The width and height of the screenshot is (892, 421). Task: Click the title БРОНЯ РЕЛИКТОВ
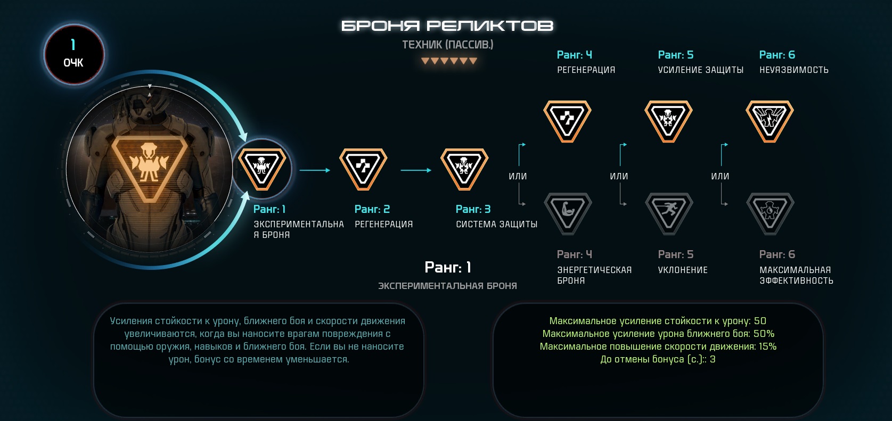pos(447,26)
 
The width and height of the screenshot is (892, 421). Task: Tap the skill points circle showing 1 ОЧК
pos(74,54)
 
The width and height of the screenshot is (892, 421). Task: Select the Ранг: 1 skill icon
pos(262,169)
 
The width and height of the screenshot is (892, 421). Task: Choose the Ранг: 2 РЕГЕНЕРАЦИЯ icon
pos(363,169)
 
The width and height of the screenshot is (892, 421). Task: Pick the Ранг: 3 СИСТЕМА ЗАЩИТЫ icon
pos(464,169)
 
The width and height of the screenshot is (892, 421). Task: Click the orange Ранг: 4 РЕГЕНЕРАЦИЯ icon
pos(568,121)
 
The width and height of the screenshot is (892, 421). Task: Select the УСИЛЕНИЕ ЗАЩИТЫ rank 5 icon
pos(669,121)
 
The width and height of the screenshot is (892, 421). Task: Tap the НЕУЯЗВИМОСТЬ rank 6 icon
pos(770,121)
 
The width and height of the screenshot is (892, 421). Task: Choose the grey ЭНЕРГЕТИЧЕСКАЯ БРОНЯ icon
pos(568,213)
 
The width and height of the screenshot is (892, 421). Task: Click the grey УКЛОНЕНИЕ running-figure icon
pos(669,213)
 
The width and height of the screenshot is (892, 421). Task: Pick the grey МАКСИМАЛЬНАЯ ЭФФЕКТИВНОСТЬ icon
pos(770,213)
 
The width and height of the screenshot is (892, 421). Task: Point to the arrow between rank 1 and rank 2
pos(315,170)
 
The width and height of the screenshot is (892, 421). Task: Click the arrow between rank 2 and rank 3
pos(416,170)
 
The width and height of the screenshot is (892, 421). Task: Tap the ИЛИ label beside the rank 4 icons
pos(518,176)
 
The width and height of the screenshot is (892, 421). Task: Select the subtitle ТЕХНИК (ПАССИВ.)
pos(447,45)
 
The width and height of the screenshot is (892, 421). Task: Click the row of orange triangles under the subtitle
pos(449,61)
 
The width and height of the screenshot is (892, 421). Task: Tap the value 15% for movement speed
pos(767,346)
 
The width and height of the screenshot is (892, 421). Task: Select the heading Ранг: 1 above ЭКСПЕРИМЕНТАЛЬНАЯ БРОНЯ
pos(447,267)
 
